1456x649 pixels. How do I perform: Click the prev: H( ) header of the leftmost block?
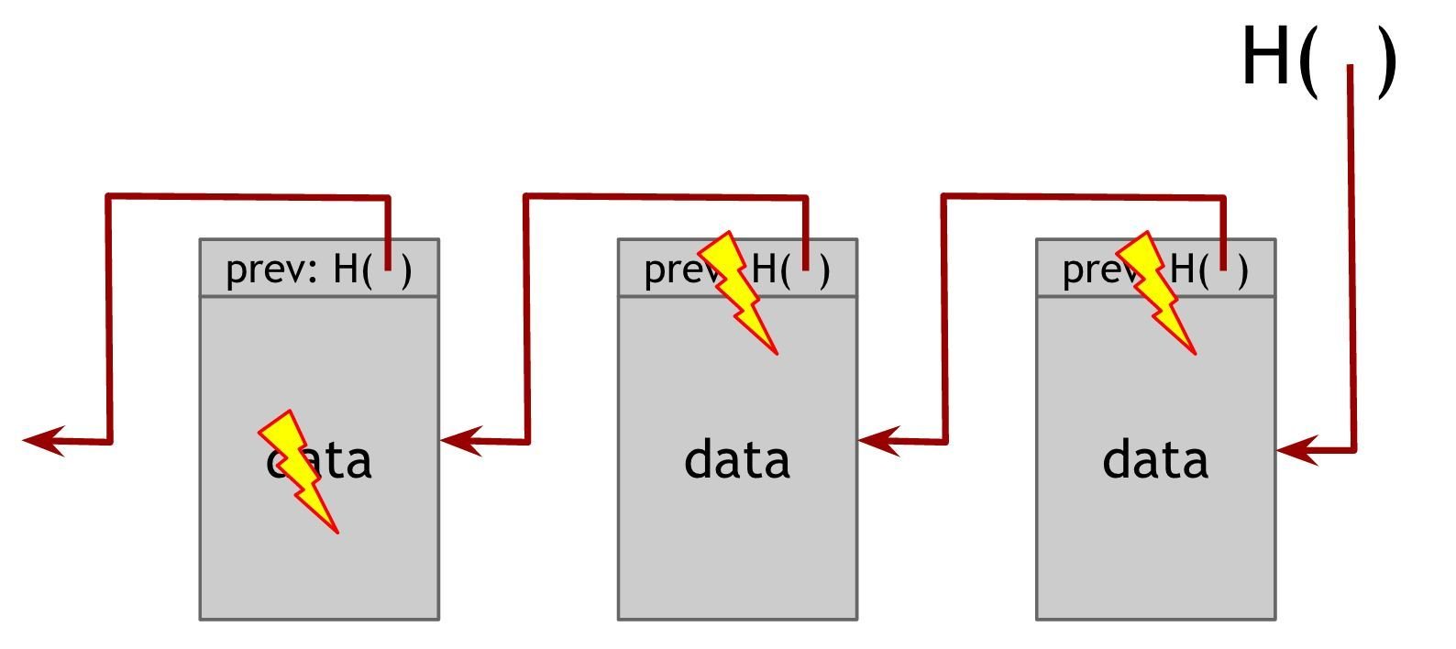[319, 269]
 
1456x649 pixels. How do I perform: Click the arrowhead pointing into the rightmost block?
[1295, 450]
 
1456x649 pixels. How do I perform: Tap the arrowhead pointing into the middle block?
[877, 441]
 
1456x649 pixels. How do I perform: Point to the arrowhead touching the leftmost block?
[460, 441]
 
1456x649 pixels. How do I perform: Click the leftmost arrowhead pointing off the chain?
[42, 441]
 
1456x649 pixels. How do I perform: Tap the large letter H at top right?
[1266, 57]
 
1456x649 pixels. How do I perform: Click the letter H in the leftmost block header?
[347, 269]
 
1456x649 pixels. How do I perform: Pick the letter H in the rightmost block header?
[1184, 269]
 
